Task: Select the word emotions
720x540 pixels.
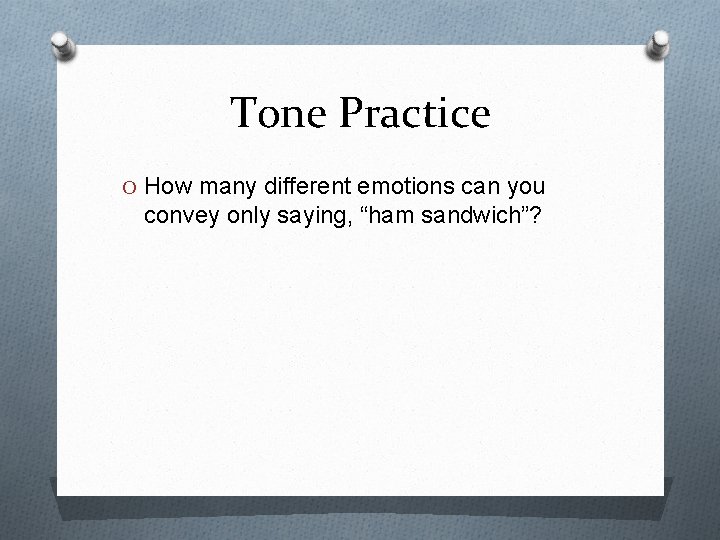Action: (390, 188)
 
